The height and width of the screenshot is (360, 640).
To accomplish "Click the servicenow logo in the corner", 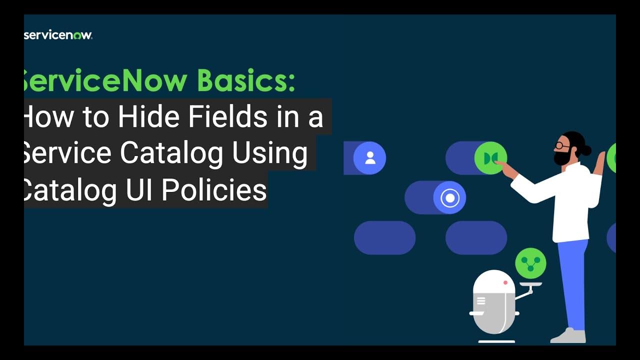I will click(x=58, y=35).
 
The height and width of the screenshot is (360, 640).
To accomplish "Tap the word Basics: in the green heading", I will click(x=246, y=80).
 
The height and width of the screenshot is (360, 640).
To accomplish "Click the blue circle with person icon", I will click(x=370, y=158).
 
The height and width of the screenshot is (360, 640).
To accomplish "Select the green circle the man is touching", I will click(x=490, y=158).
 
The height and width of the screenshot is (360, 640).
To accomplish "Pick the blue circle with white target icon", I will click(x=449, y=198).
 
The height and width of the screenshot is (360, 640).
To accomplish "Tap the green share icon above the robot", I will click(x=530, y=263).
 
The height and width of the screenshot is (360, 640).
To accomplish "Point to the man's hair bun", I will click(x=586, y=149).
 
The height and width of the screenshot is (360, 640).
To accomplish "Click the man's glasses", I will click(x=561, y=145).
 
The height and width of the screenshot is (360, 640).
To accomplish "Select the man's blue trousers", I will click(x=575, y=285).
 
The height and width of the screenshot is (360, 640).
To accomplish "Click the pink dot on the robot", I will click(x=505, y=282).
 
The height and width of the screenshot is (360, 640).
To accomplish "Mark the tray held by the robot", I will click(x=530, y=284).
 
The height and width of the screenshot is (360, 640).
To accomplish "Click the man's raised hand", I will click(x=598, y=162).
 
